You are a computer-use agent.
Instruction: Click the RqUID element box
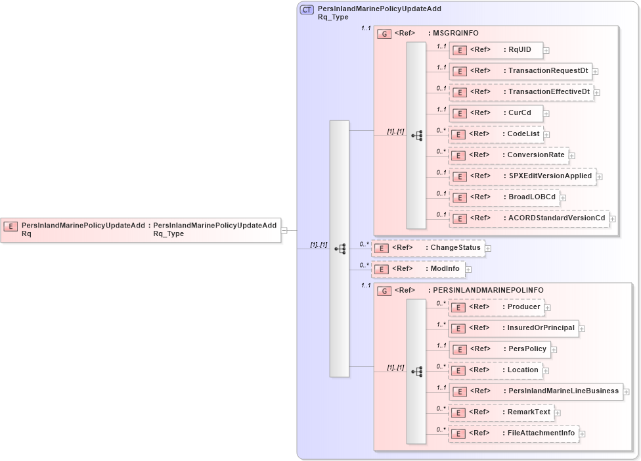pyautogui.click(x=496, y=50)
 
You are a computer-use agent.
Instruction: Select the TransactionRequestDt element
pyautogui.click(x=520, y=71)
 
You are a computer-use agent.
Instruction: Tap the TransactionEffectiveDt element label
pyautogui.click(x=549, y=92)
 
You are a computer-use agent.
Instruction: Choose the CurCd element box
pyautogui.click(x=496, y=113)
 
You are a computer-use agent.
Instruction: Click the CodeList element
pyautogui.click(x=496, y=134)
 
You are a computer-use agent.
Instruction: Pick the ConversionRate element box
pyautogui.click(x=508, y=155)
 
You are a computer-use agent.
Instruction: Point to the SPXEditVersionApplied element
pyautogui.click(x=522, y=176)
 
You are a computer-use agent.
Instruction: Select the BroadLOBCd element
pyautogui.click(x=504, y=197)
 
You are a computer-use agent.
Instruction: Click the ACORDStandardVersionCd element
pyautogui.click(x=529, y=218)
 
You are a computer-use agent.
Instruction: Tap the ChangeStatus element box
pyautogui.click(x=428, y=248)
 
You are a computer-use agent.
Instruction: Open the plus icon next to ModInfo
pyautogui.click(x=469, y=269)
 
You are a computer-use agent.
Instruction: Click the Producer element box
pyautogui.click(x=496, y=307)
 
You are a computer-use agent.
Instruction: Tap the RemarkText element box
pyautogui.click(x=501, y=412)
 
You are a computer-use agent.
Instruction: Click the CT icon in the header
pyautogui.click(x=307, y=10)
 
